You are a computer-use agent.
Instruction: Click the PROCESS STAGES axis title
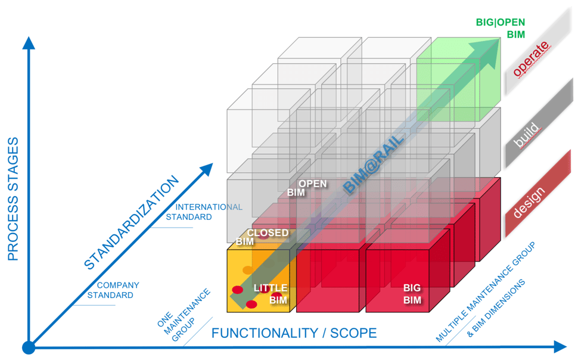(x=13, y=199)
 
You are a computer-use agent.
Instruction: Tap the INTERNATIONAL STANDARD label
(x=203, y=212)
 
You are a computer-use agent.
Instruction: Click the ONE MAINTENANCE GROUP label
(x=184, y=315)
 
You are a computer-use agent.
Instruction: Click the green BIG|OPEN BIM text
(x=500, y=29)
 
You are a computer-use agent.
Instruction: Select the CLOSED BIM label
(x=263, y=237)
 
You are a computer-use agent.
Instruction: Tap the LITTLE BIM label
(x=271, y=294)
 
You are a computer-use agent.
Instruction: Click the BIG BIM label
(x=412, y=294)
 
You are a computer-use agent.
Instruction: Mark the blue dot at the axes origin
(x=28, y=347)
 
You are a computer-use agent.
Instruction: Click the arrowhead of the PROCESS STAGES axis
(x=28, y=43)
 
